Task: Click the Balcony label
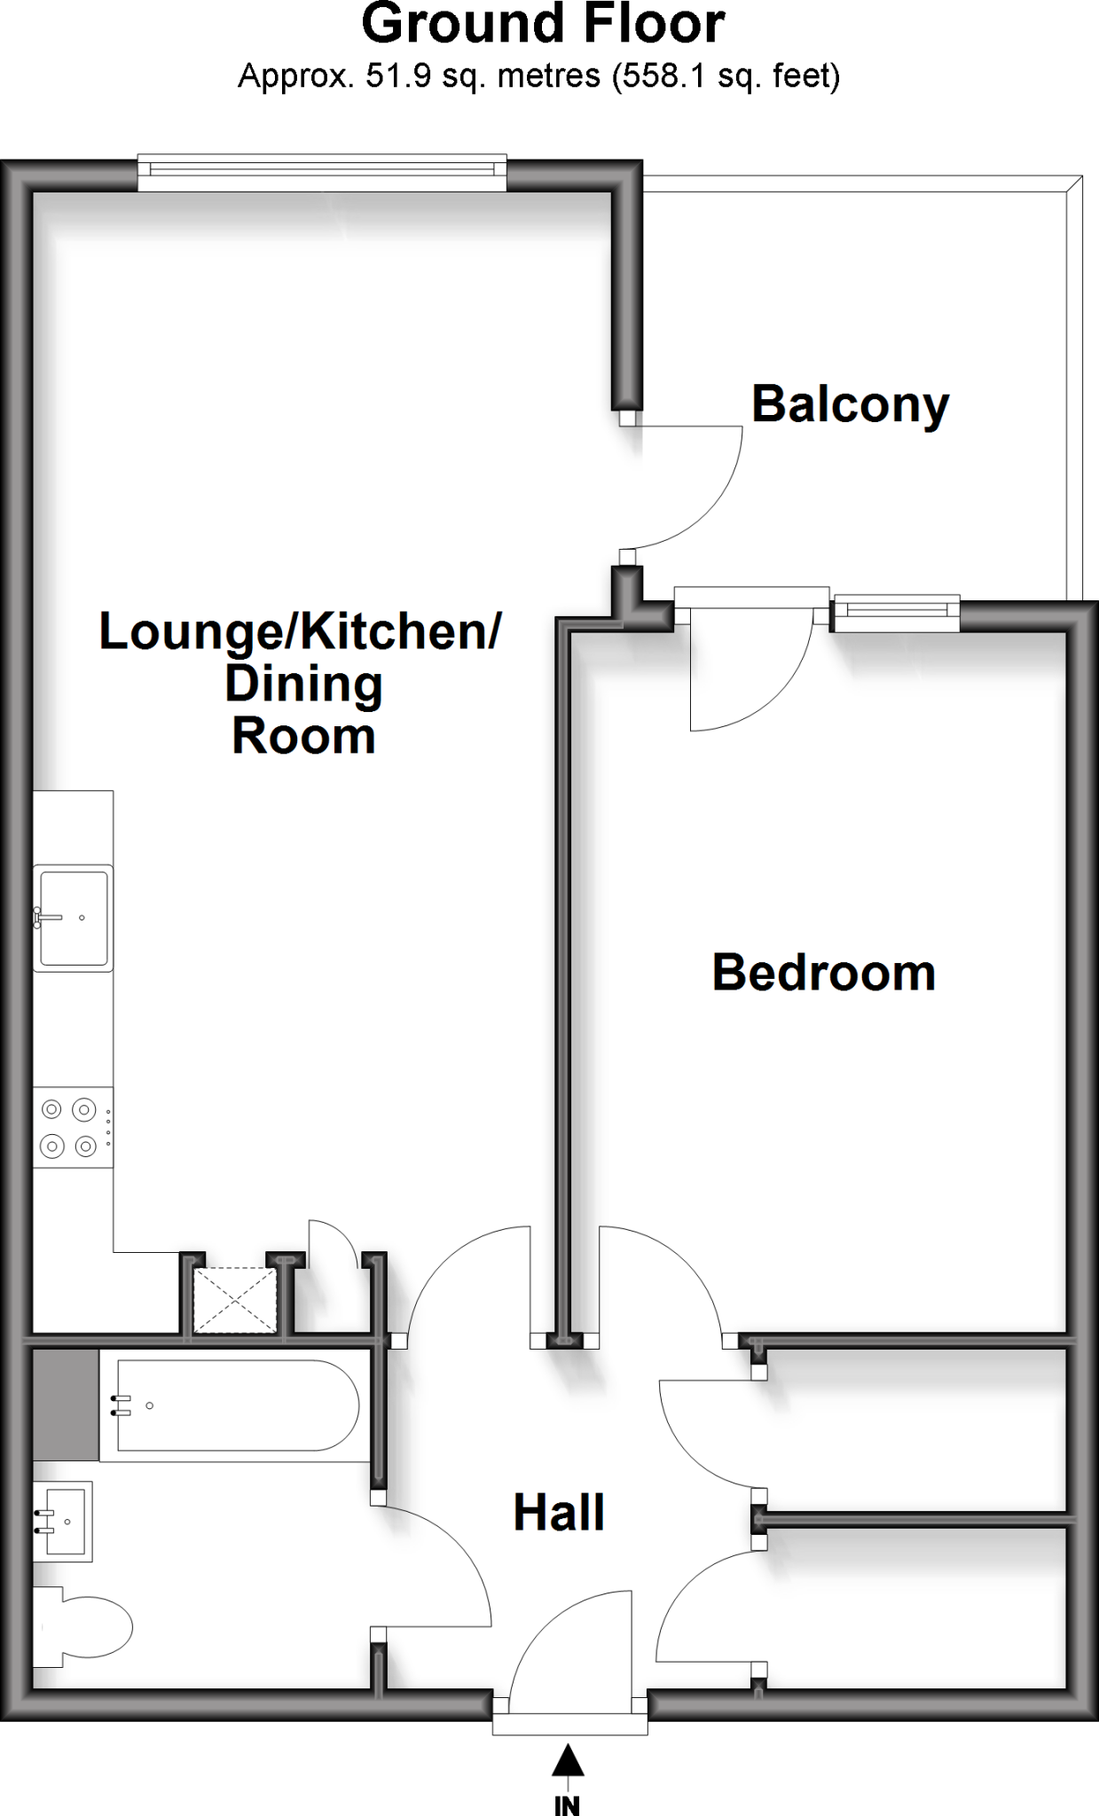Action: [x=850, y=404]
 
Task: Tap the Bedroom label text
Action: [x=823, y=973]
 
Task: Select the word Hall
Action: [x=559, y=1513]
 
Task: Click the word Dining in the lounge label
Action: [x=303, y=684]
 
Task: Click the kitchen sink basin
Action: [x=74, y=918]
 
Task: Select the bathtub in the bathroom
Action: [x=236, y=1405]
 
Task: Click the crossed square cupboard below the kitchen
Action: [x=235, y=1300]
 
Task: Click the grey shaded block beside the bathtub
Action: [x=66, y=1405]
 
